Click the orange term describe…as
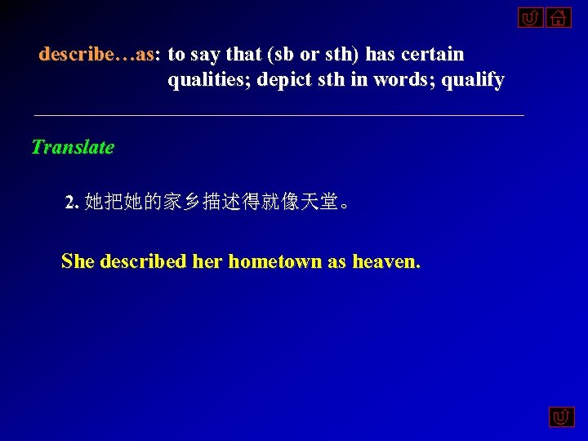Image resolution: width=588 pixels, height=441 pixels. click(96, 55)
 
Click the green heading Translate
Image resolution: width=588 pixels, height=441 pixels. click(72, 148)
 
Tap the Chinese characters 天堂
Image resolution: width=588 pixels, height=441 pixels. click(318, 202)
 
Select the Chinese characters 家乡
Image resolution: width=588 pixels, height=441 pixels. click(181, 202)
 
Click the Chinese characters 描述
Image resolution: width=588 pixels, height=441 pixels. click(220, 202)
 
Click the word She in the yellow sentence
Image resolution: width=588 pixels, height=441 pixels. click(78, 261)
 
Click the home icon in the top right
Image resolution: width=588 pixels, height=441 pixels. click(559, 17)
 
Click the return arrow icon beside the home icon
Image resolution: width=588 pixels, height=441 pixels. click(529, 17)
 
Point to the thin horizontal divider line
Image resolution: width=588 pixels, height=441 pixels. click(278, 116)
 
